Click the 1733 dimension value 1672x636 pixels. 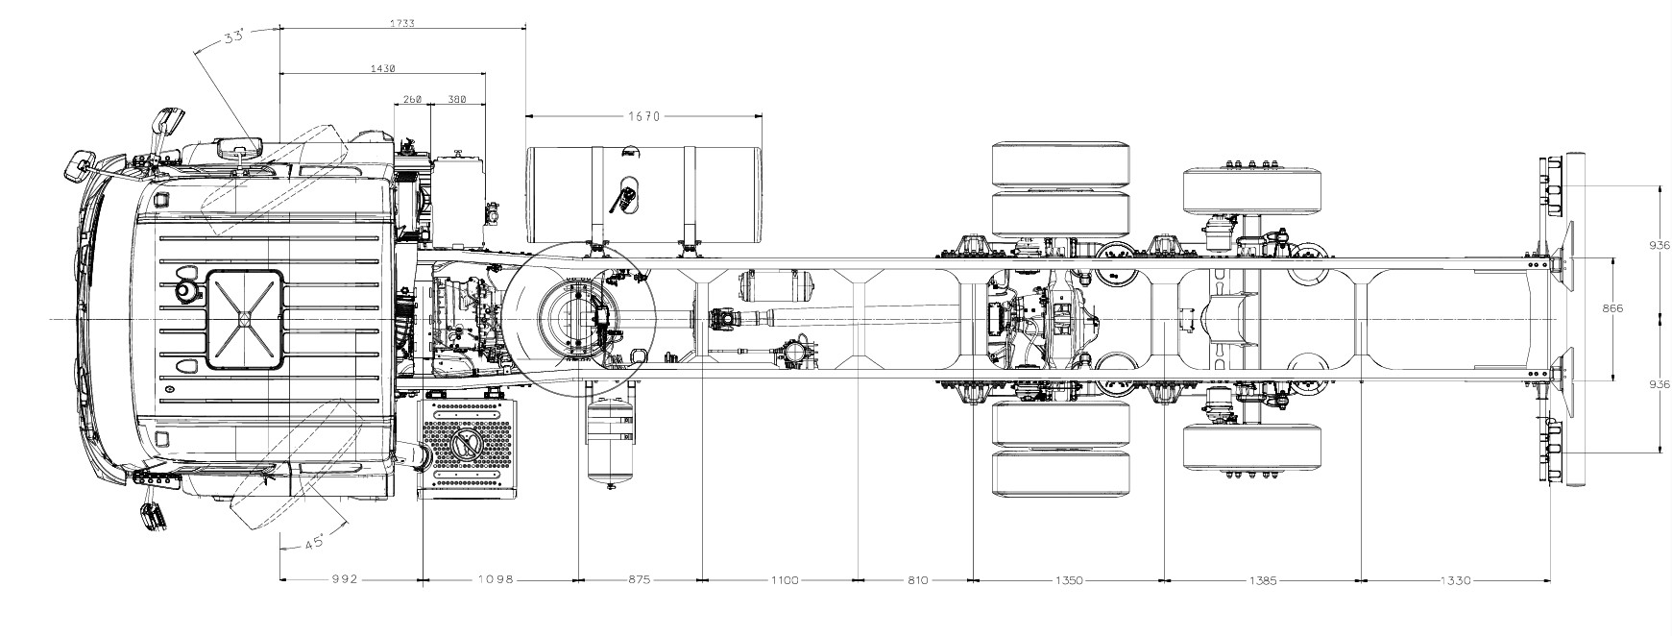coord(401,23)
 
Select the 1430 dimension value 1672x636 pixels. coord(382,68)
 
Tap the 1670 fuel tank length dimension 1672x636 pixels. coord(644,116)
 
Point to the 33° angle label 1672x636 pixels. coord(233,37)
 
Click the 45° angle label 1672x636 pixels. coord(314,543)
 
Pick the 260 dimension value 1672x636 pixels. coord(412,99)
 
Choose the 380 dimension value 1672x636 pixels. coord(457,99)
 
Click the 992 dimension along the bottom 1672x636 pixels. coord(344,579)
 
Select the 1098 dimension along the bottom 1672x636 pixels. coord(497,579)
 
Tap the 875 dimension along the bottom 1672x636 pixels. coord(639,579)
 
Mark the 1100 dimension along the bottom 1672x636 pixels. coord(784,579)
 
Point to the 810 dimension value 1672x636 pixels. coord(916,579)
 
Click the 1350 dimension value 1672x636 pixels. coord(1069,579)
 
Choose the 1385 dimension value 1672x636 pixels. coord(1264,579)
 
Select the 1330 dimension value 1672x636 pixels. coord(1455,579)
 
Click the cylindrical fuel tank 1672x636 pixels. coord(644,194)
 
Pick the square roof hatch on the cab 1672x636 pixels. coord(245,318)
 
